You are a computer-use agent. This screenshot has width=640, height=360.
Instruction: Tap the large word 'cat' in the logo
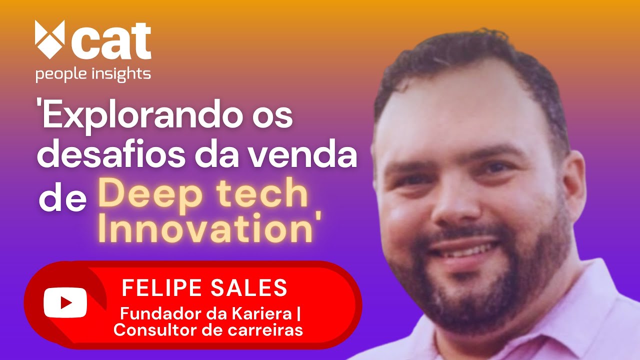click(111, 41)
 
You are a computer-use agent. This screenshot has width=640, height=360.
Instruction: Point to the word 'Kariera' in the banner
click(266, 315)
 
